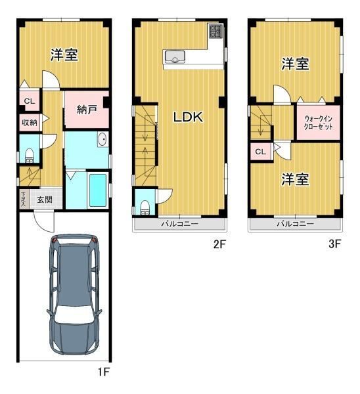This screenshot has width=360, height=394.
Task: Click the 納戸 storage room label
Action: [x=87, y=110]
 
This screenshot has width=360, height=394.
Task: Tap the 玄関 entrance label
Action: [x=45, y=200]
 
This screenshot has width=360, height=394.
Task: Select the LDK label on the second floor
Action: [x=189, y=117]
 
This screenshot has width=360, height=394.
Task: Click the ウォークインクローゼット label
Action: [x=318, y=122]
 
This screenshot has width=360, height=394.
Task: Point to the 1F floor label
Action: [x=103, y=372]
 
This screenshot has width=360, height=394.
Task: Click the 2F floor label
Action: [x=219, y=244]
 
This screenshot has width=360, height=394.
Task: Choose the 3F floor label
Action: [x=334, y=244]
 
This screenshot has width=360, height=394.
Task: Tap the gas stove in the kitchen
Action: [x=215, y=31]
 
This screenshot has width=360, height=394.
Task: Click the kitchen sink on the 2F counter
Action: [x=175, y=56]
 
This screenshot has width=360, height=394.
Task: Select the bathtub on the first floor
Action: [x=98, y=190]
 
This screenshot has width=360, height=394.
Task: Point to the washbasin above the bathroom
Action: [x=102, y=139]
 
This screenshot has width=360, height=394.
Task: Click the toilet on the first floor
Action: [x=30, y=156]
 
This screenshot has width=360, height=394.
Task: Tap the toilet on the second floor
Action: [x=145, y=208]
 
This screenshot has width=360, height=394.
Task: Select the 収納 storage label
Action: [x=30, y=123]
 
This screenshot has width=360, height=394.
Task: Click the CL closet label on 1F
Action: [x=30, y=101]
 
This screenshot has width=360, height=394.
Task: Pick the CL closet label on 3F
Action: [x=260, y=152]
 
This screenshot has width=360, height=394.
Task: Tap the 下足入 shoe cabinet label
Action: [x=24, y=200]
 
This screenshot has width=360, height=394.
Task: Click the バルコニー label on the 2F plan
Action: [x=180, y=223]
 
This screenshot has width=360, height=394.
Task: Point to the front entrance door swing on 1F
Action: [x=44, y=222]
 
